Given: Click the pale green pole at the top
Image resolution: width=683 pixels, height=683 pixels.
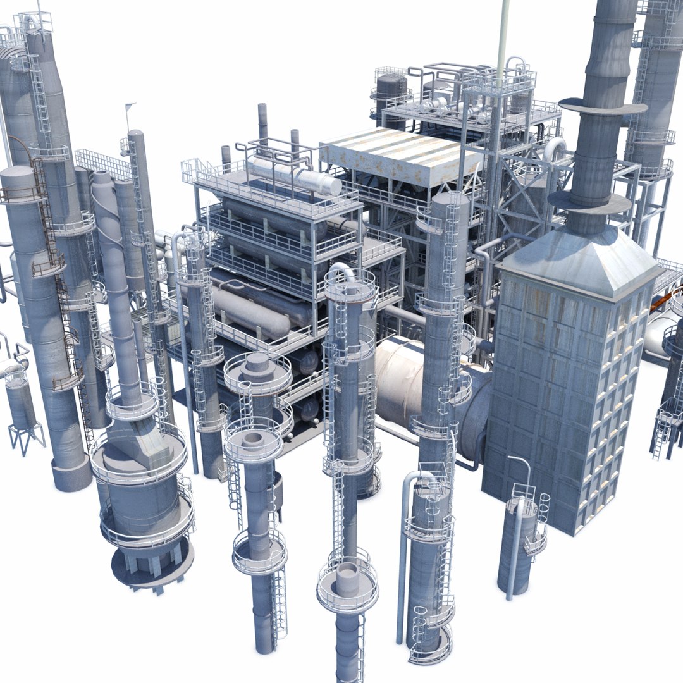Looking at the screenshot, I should (x=503, y=32).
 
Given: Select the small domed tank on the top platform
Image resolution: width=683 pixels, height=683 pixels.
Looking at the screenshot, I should (x=391, y=89).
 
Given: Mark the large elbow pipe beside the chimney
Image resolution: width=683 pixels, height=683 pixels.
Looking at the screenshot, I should (x=554, y=152).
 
